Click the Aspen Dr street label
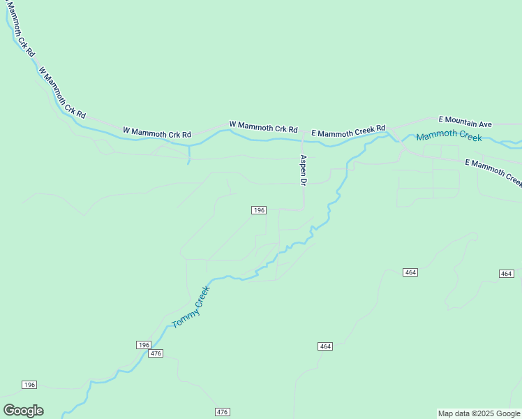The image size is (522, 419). click(304, 170)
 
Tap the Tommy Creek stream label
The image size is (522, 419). click(191, 307)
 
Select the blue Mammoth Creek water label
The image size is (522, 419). click(449, 135)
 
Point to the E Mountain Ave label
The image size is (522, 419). click(465, 122)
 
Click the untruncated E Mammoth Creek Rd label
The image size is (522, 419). click(348, 131)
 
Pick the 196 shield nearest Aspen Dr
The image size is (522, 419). click(259, 210)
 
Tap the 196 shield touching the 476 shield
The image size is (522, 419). click(143, 345)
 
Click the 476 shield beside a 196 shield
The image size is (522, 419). click(156, 353)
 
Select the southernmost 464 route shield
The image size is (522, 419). click(325, 346)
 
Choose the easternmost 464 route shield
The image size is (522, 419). click(507, 273)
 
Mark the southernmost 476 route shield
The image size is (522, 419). click(223, 412)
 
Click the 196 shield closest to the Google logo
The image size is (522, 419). click(29, 385)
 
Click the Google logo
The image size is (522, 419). click(23, 411)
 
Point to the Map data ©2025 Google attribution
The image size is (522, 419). click(479, 413)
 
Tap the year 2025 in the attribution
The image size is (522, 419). click(480, 413)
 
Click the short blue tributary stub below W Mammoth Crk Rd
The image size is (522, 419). click(189, 155)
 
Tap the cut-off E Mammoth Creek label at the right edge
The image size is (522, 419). click(493, 171)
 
